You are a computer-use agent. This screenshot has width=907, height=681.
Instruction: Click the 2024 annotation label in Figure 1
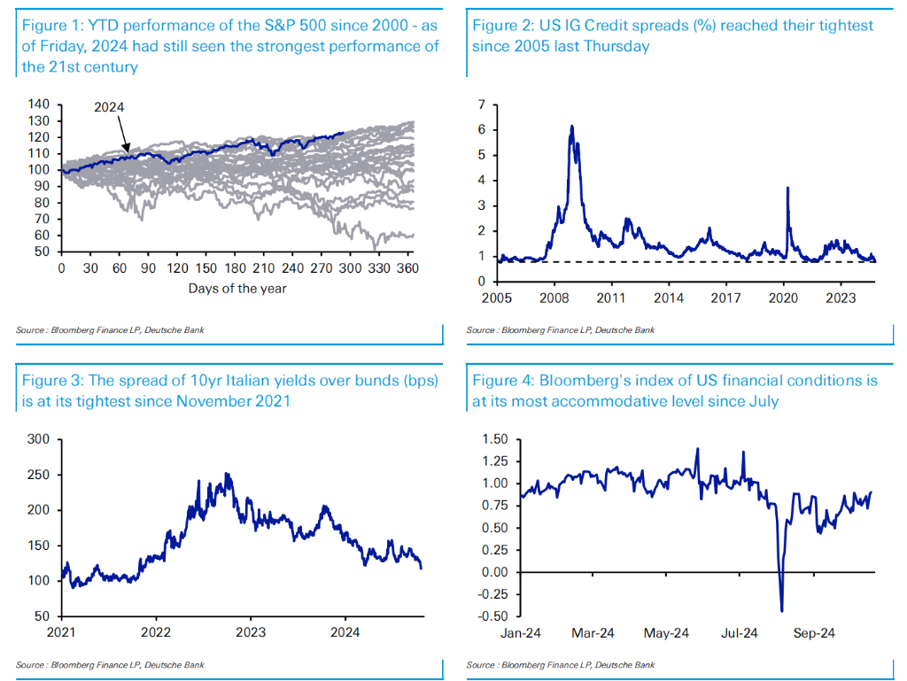pyautogui.click(x=110, y=106)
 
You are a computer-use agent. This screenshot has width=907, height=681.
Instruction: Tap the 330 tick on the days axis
pyautogui.click(x=379, y=267)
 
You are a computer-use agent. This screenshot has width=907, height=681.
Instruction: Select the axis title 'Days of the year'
pyautogui.click(x=236, y=288)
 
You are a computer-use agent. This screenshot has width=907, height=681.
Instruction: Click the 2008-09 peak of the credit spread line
pyautogui.click(x=572, y=128)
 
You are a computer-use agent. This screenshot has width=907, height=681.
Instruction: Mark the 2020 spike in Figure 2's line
pyautogui.click(x=787, y=188)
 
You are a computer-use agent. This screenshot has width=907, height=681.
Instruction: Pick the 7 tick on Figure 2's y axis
pyautogui.click(x=481, y=105)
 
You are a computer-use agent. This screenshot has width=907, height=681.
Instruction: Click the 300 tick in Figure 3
pyautogui.click(x=37, y=438)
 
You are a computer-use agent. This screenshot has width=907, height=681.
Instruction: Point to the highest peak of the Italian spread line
pyautogui.click(x=229, y=474)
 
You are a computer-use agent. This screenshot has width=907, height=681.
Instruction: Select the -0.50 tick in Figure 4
pyautogui.click(x=492, y=616)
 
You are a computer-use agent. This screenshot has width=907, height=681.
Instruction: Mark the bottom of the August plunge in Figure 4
pyautogui.click(x=781, y=610)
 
